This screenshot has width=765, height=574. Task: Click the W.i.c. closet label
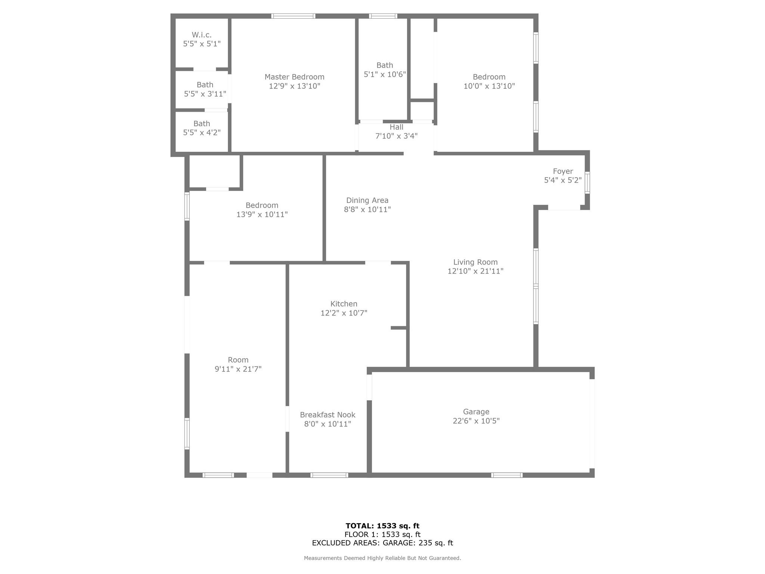tap(202, 35)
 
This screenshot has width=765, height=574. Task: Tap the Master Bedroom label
tap(294, 77)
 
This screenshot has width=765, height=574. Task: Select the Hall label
tap(396, 127)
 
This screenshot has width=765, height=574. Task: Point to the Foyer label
tap(563, 171)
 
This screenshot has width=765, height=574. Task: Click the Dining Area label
tap(367, 200)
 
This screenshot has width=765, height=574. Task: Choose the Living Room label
tap(476, 262)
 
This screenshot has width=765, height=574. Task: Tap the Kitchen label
tap(344, 304)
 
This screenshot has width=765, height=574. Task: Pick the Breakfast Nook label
tap(328, 415)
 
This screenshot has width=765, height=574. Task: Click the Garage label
tap(476, 412)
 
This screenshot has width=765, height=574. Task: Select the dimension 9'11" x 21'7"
tap(238, 369)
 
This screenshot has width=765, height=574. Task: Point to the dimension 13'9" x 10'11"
tap(262, 215)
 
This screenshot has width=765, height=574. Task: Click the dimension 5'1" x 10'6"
tap(385, 74)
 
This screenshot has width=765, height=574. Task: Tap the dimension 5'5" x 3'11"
tap(205, 94)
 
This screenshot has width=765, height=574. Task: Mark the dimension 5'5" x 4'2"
tap(202, 132)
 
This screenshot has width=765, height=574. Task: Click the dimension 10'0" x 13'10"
tap(489, 86)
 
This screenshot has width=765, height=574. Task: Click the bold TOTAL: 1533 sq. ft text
tap(382, 526)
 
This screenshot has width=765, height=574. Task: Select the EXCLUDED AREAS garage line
tap(382, 543)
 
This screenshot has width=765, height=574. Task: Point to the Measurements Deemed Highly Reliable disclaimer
tap(382, 558)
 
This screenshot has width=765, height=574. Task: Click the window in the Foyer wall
tap(587, 183)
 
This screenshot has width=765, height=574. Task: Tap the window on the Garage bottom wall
tap(507, 475)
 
